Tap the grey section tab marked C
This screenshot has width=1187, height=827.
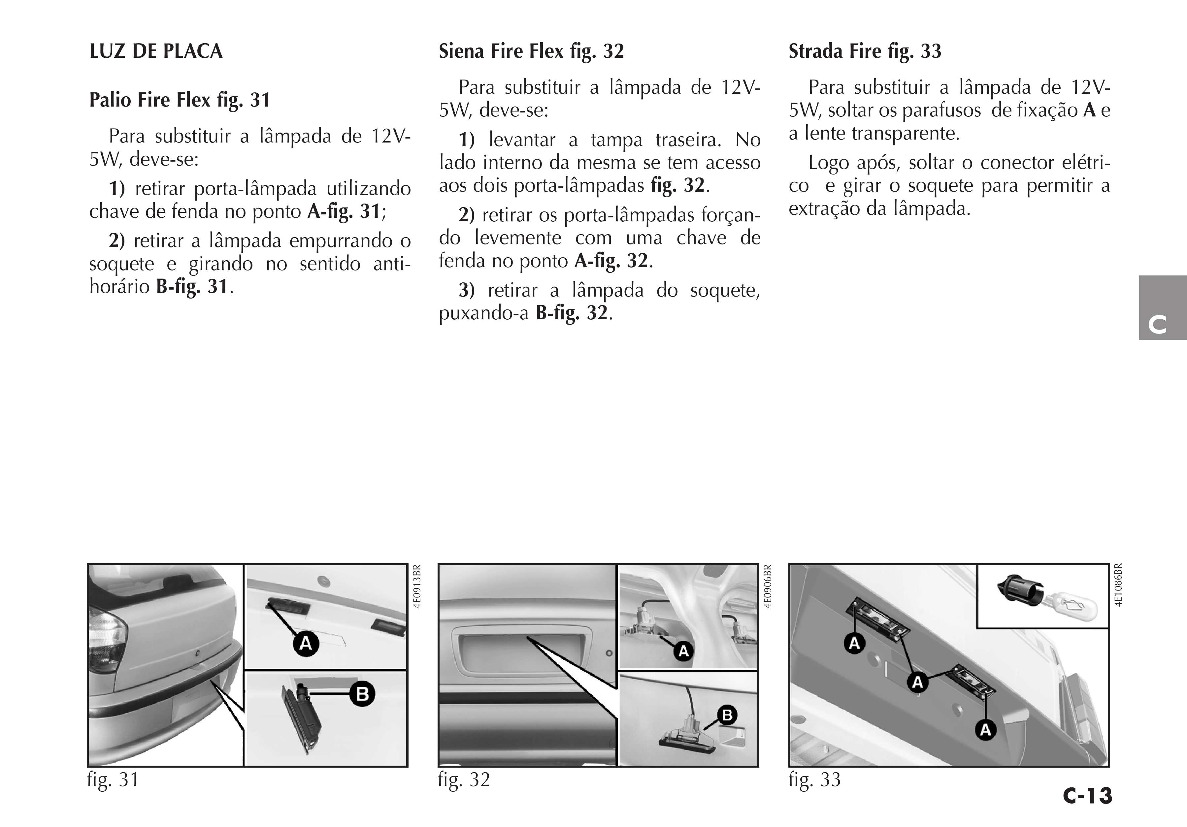[x=1162, y=308]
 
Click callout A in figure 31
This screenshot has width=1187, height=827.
[x=306, y=644]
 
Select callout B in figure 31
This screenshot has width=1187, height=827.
[x=362, y=693]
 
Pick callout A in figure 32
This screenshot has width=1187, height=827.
[x=683, y=651]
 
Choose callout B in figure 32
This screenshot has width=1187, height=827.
[x=727, y=716]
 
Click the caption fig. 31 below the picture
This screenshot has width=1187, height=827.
[x=113, y=779]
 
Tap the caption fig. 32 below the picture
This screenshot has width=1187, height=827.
[x=464, y=779]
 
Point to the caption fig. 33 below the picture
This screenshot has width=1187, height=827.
[x=814, y=779]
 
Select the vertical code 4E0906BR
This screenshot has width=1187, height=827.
[x=768, y=586]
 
